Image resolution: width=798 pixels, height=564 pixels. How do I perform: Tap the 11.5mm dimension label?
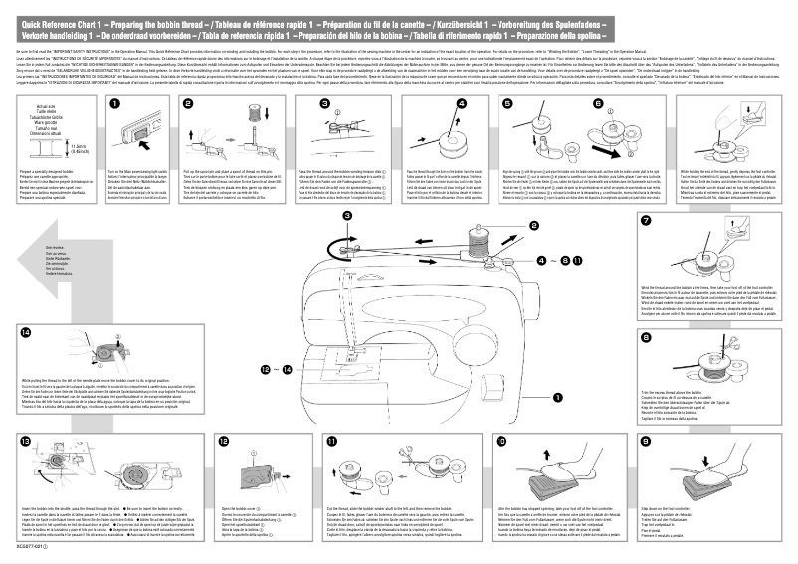coord(82,149)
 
